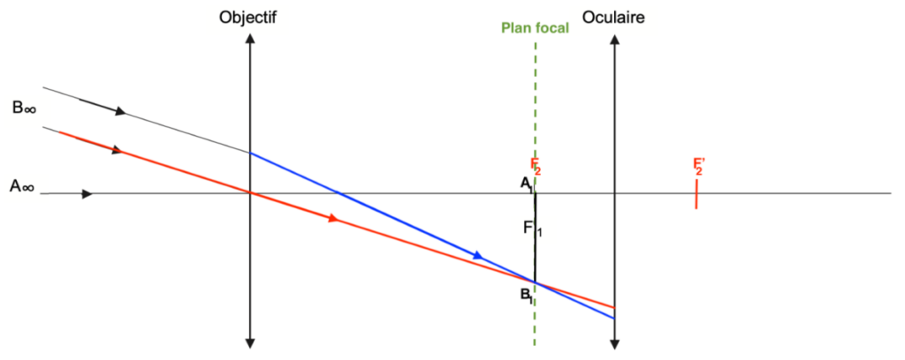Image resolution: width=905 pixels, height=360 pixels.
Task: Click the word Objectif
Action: click(248, 19)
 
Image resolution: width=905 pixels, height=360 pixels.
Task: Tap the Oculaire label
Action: click(613, 18)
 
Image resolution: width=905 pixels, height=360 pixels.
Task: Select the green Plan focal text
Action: click(535, 27)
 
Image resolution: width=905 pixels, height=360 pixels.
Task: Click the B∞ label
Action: click(24, 108)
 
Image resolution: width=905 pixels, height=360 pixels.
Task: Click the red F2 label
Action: click(536, 167)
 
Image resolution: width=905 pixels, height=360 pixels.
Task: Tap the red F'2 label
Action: click(699, 166)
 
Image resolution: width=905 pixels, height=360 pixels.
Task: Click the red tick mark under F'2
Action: click(696, 193)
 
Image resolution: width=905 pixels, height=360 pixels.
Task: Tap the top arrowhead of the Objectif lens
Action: click(249, 38)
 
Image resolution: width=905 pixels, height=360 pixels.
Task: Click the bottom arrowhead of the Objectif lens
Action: click(249, 344)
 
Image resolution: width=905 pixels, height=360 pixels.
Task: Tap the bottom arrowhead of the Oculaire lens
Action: click(615, 344)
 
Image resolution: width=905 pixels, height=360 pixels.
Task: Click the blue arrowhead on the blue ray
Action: click(477, 255)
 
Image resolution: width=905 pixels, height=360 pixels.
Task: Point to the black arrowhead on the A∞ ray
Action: click(87, 194)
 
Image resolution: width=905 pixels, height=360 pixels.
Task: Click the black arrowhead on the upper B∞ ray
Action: click(120, 110)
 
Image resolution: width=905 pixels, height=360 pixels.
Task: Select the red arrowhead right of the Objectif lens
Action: click(332, 218)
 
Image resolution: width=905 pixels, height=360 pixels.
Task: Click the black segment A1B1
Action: click(535, 237)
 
